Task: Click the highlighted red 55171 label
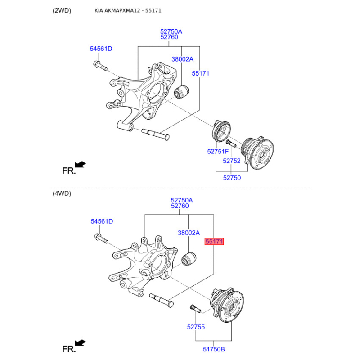point(214,242)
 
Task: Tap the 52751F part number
point(218,152)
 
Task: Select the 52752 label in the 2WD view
point(232,161)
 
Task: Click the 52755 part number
point(196,327)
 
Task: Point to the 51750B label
point(214,349)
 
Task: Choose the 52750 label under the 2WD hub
point(232,178)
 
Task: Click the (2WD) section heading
point(62,10)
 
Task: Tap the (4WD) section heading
point(62,193)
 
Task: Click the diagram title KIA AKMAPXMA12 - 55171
point(128,10)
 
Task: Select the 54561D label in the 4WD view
point(102,221)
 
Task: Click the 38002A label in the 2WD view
point(183,59)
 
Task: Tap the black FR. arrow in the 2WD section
point(80,164)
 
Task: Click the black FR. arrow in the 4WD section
point(80,343)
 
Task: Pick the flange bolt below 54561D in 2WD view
point(100,65)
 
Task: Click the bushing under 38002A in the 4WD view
point(189,259)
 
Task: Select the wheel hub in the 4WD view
point(227,305)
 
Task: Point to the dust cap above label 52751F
point(221,130)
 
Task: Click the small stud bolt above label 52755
point(195,309)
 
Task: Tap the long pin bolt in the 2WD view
point(155,135)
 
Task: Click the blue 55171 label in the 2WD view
point(201,73)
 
